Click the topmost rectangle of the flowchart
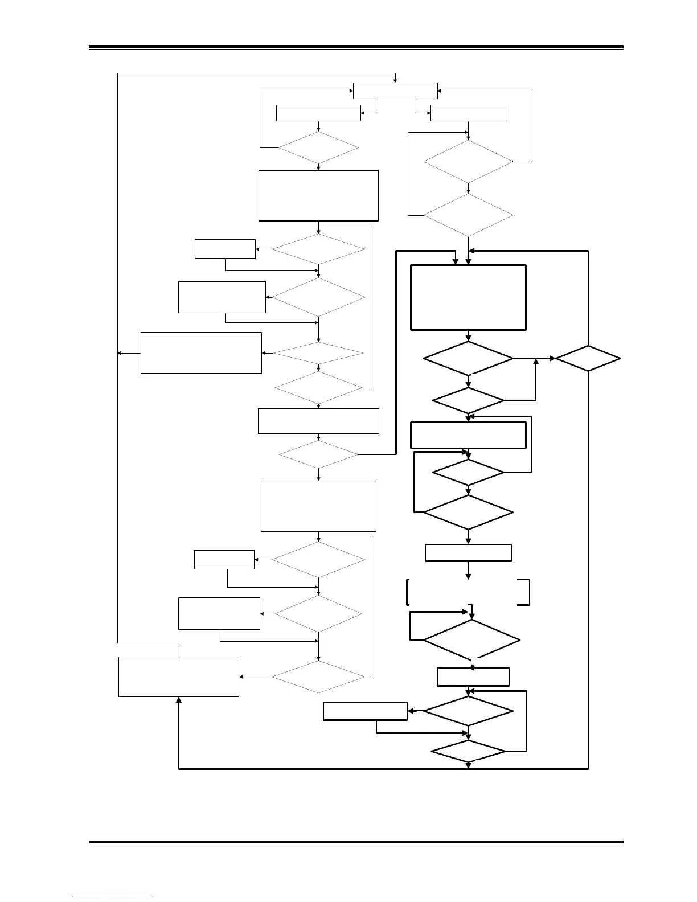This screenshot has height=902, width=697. (x=395, y=91)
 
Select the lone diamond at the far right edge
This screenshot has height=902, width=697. (x=588, y=359)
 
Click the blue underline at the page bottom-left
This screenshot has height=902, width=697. (x=113, y=897)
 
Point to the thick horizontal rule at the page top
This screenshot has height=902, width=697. (x=356, y=48)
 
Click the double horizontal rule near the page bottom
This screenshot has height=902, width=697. (x=356, y=841)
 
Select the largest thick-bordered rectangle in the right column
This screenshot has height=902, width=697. (x=468, y=297)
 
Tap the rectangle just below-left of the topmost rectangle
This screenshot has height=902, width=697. (x=318, y=113)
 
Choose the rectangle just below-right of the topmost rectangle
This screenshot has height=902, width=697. (x=468, y=113)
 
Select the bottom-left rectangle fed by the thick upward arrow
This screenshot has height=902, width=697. (x=178, y=676)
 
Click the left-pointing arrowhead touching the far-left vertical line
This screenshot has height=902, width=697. (x=120, y=354)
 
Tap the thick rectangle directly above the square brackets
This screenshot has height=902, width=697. (x=468, y=553)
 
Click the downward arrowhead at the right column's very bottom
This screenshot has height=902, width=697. (x=469, y=766)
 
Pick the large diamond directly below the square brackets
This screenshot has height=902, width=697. (x=471, y=640)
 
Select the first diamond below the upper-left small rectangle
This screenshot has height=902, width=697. (x=318, y=148)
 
